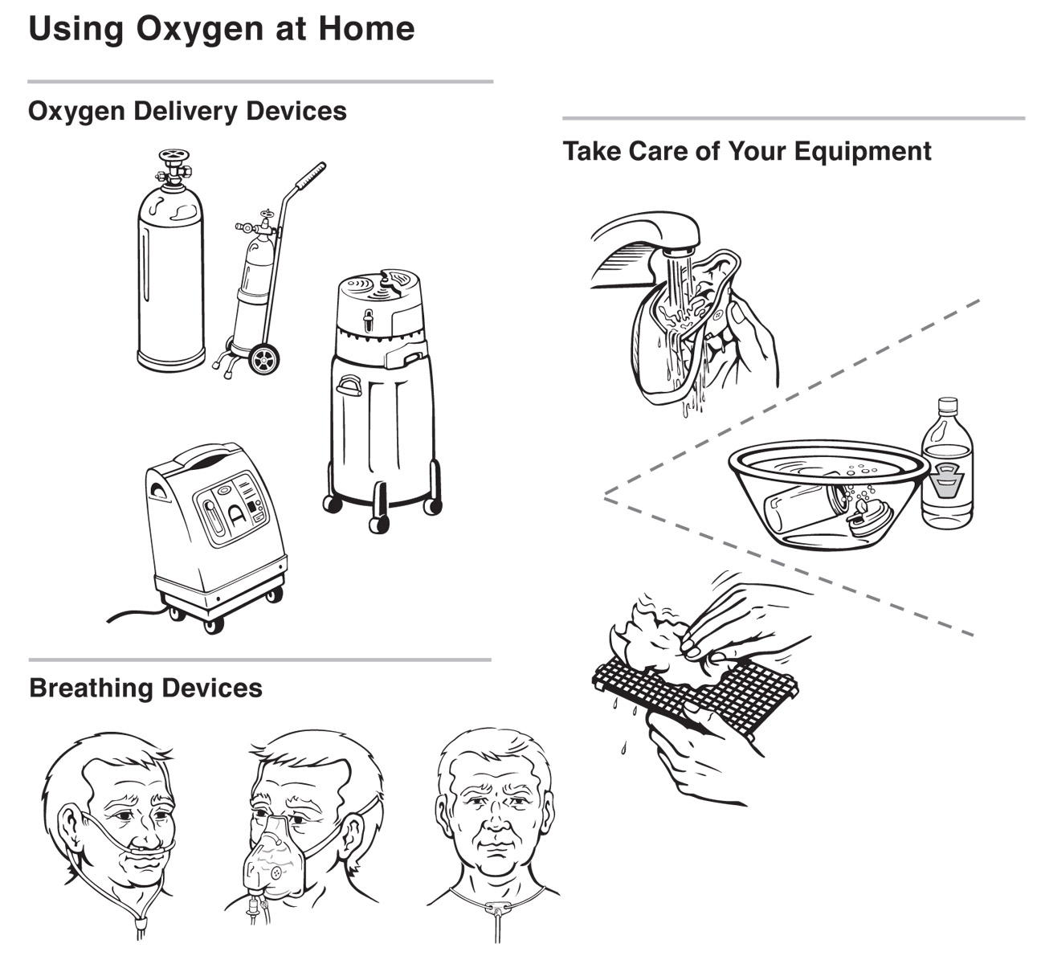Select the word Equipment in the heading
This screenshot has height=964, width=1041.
point(862,152)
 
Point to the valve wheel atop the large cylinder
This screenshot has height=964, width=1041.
point(173,156)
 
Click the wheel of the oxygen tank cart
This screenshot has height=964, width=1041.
point(263,359)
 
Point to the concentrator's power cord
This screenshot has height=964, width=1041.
point(137,615)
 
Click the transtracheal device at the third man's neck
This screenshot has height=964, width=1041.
point(495,906)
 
